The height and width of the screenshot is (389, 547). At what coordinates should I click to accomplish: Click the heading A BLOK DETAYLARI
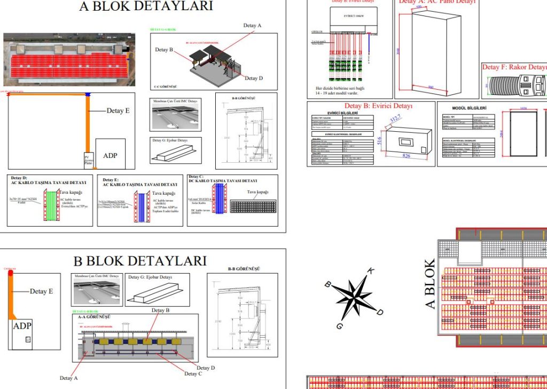pos(146,6)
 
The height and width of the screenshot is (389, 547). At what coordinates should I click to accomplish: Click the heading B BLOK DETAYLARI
pos(139,261)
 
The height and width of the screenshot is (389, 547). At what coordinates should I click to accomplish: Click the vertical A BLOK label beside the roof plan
pos(431,284)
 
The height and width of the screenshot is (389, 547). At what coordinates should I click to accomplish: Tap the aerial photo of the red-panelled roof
pos(69,60)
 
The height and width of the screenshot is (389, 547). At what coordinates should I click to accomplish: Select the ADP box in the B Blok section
pos(22,326)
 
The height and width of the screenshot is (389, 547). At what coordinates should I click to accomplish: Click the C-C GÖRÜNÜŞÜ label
pos(165,86)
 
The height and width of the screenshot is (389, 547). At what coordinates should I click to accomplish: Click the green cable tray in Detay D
pos(50,205)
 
